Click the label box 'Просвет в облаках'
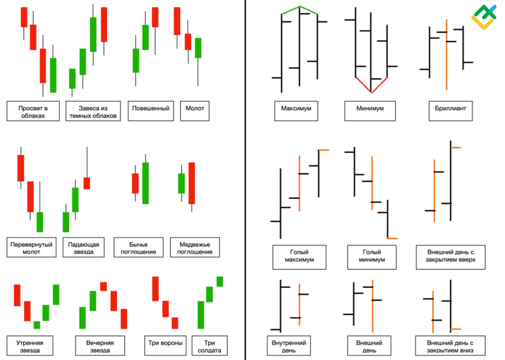point(33,111)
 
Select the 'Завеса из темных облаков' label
point(93,111)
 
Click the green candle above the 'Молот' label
point(198,48)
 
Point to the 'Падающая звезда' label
point(83,248)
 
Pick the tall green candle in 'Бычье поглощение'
point(146,183)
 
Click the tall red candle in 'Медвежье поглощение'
point(192,183)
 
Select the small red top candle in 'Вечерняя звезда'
point(104,286)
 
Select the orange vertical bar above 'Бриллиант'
point(446,55)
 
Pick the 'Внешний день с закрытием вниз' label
point(450,346)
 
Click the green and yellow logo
point(484,18)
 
